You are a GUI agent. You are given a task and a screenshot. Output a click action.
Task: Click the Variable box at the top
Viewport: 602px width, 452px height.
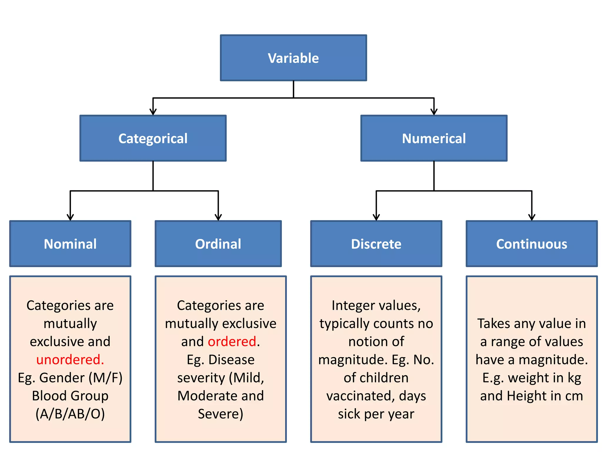(x=293, y=58)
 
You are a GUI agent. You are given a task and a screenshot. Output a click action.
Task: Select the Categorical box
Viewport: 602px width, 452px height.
(x=153, y=138)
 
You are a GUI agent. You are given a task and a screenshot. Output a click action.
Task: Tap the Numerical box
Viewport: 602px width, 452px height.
(x=434, y=138)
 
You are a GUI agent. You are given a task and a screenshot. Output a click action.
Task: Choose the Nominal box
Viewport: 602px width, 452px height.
(x=70, y=244)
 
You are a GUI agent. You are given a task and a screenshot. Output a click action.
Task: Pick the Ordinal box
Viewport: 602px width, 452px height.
(x=218, y=244)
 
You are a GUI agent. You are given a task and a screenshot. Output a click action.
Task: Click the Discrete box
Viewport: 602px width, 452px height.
(x=376, y=244)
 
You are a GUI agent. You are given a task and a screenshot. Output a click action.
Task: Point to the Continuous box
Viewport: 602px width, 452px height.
(x=532, y=244)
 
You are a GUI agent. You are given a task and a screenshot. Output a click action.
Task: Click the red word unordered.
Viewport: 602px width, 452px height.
(x=70, y=360)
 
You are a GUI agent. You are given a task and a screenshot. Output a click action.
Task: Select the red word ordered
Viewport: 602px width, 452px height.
(x=232, y=342)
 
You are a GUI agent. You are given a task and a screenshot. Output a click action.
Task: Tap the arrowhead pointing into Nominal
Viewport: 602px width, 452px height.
(x=70, y=217)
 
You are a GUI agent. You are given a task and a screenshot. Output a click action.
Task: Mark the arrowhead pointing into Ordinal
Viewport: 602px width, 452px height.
(x=218, y=217)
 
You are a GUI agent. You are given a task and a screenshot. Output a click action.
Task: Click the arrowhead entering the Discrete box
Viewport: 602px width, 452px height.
(x=376, y=217)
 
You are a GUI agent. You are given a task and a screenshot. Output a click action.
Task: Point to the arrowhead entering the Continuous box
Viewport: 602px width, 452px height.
(x=532, y=217)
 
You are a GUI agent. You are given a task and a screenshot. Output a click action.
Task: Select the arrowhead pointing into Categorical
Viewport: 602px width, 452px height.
(x=153, y=112)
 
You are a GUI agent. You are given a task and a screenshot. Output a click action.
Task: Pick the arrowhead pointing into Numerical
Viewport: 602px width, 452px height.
(x=434, y=112)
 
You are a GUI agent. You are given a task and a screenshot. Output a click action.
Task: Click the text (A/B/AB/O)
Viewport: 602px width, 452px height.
(x=70, y=414)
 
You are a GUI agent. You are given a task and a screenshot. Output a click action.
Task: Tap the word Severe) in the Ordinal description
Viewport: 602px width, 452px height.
(x=220, y=414)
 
